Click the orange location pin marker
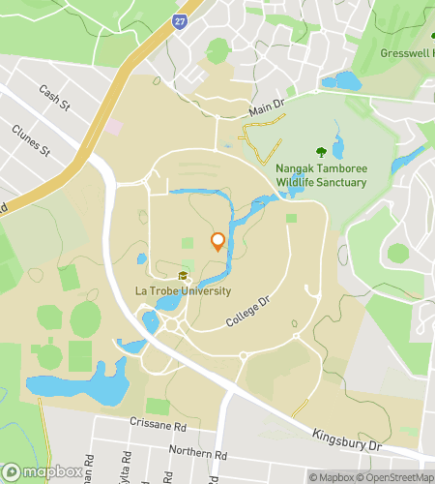tap(217, 242)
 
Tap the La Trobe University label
tap(183, 291)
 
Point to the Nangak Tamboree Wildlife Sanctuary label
tap(323, 174)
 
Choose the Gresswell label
tap(407, 52)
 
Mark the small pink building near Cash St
tap(114, 126)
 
